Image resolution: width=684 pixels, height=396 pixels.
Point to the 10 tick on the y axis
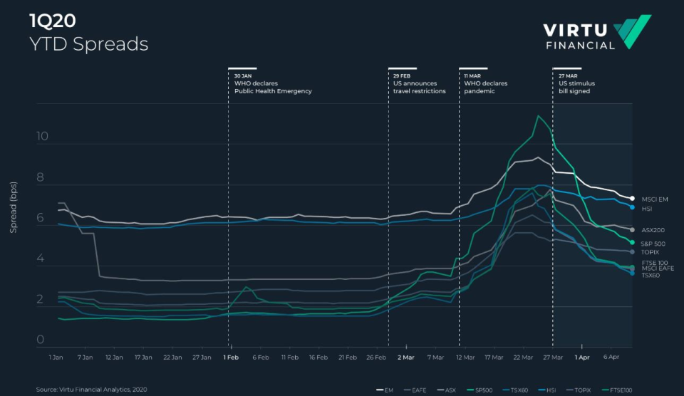tap(42, 137)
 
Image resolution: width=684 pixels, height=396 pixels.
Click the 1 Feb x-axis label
tap(230, 356)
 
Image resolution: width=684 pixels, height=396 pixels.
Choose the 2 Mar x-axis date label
tap(405, 356)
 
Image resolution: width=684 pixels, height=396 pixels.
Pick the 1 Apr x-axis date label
tap(582, 356)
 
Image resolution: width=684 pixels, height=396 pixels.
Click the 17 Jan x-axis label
tap(143, 356)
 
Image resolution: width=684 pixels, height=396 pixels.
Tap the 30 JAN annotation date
tap(244, 75)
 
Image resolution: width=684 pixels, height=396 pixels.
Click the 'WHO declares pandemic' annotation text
tap(485, 87)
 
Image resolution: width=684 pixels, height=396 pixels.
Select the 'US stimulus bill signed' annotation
tap(576, 87)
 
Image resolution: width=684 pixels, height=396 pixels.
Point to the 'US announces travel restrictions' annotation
tap(419, 87)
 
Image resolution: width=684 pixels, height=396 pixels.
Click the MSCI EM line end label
tap(654, 199)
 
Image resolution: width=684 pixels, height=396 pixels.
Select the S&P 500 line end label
tap(653, 244)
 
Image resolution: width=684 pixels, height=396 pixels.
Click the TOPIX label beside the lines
tap(650, 252)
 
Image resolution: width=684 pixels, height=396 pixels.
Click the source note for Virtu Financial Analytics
tap(91, 390)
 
